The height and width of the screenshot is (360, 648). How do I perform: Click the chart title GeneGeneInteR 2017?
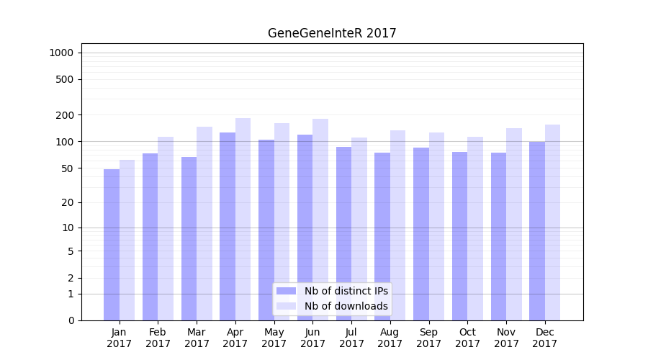[x=332, y=33]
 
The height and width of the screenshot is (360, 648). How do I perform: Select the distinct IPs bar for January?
[x=112, y=245]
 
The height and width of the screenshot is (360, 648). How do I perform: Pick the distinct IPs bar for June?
[x=305, y=228]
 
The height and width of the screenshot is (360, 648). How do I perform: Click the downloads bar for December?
[x=552, y=222]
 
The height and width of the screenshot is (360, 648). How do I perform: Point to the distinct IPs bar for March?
[x=189, y=238]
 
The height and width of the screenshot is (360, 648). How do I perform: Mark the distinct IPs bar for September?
[x=421, y=234]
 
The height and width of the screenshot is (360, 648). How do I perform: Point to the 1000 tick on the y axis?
[x=61, y=53]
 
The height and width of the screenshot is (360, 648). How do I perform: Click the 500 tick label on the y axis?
[x=66, y=79]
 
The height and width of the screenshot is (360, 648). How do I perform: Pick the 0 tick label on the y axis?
[x=71, y=320]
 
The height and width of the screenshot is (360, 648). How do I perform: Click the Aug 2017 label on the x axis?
[x=390, y=338]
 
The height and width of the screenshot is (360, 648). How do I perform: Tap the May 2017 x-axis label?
[x=274, y=338]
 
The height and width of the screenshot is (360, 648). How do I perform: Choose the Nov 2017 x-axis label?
[x=506, y=338]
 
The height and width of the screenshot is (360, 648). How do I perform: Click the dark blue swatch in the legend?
[x=287, y=291]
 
